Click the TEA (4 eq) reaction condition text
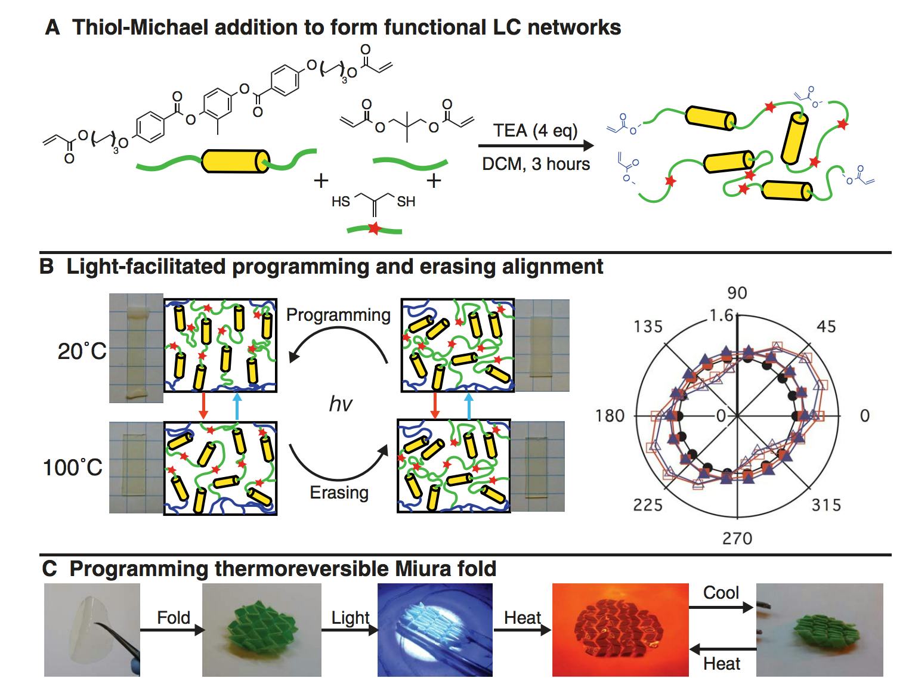[535, 130]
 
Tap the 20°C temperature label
[82, 352]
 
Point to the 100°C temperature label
[73, 468]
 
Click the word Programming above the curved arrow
[338, 315]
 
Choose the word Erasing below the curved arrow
[339, 493]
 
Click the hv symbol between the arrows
[341, 404]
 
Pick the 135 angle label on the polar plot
[648, 327]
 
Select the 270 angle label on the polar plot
[737, 539]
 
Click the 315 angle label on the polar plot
[826, 506]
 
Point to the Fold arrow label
[173, 617]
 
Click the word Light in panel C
[350, 618]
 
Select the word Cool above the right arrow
[721, 593]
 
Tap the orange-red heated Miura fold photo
[618, 630]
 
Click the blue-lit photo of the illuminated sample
[435, 630]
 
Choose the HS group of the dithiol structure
[341, 202]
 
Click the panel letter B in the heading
[47, 267]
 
